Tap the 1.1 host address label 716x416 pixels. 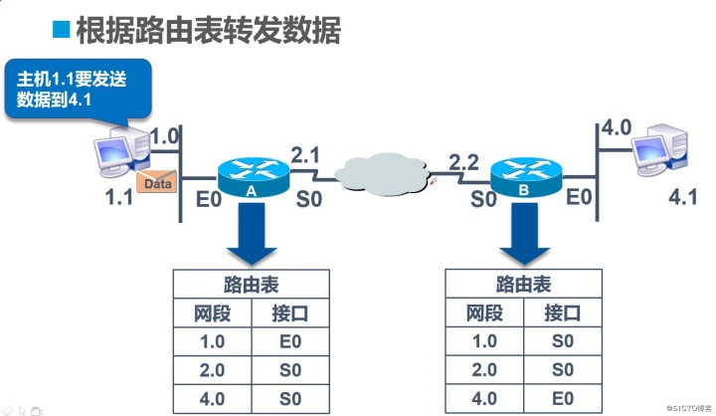coord(119,197)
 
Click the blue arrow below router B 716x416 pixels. coord(523,231)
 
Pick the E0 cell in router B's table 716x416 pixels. coord(562,399)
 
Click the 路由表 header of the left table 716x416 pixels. coord(251,284)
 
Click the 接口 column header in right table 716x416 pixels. coord(562,312)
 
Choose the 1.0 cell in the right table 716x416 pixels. coord(482,341)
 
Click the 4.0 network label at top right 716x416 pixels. coord(617,128)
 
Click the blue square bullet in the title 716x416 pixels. coord(62,29)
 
